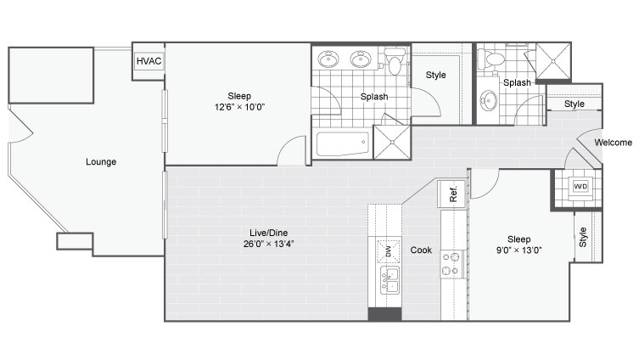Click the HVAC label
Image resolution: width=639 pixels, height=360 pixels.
pos(149,61)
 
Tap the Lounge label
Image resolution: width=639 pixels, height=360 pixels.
pos(101,162)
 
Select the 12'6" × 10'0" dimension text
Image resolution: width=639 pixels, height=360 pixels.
pos(239,107)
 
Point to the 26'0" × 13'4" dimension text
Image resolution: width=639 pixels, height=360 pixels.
pos(268,245)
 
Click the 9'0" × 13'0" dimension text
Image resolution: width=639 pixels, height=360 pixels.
pos(518,250)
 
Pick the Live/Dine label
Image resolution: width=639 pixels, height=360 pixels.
pos(268,233)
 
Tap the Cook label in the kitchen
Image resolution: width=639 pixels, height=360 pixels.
pos(421,250)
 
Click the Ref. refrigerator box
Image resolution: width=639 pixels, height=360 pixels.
pos(451,194)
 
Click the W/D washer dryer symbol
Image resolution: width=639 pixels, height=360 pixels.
pos(580,187)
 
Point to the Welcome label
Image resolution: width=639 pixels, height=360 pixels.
pos(614,143)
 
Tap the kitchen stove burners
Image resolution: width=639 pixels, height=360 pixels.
pos(451,264)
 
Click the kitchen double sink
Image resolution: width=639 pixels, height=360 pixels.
pos(390,280)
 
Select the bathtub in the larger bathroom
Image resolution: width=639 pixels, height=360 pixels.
pos(343,143)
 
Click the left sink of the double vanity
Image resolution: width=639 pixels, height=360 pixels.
pos(328,59)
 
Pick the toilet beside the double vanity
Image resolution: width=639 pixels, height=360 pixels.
pos(393,62)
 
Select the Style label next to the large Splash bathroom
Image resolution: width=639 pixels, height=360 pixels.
pos(435,75)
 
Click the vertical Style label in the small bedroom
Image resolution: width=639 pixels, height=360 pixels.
pos(583,237)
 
